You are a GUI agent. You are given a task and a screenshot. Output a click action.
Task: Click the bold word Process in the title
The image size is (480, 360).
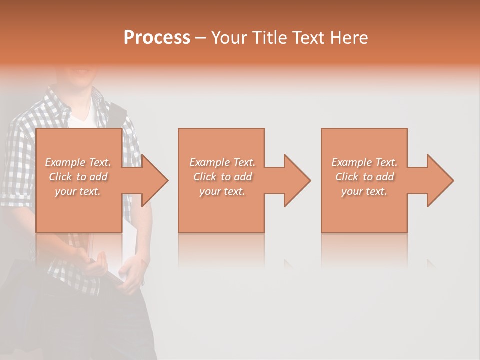(x=157, y=38)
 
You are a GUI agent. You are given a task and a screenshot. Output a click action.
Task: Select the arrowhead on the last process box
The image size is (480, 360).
(x=439, y=180)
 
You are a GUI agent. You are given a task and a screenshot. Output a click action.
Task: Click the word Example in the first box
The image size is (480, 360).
(x=65, y=162)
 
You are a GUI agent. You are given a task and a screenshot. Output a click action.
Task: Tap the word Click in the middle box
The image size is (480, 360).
(x=205, y=177)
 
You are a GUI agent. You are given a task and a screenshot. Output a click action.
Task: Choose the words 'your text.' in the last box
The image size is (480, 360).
(x=364, y=191)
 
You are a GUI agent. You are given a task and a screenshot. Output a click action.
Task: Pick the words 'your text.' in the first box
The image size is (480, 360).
(x=78, y=191)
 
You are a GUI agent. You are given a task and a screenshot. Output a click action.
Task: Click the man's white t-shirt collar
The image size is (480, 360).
(x=80, y=118)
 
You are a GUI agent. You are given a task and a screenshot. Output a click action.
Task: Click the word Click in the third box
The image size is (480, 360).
(x=347, y=177)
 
